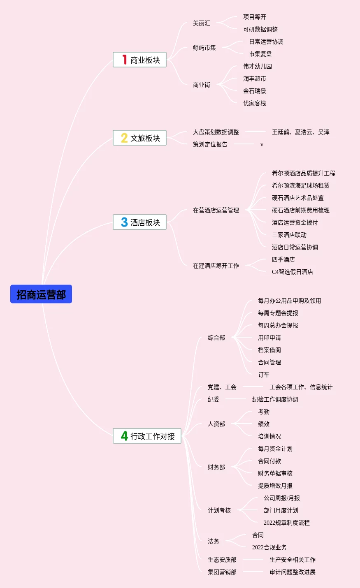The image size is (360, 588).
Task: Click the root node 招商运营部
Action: pos(41,294)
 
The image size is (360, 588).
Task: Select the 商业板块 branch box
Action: pos(139,60)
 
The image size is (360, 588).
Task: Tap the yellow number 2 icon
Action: pos(124,138)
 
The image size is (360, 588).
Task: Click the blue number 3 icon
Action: pos(124,222)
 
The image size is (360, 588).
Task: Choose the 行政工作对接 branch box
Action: pos(147,436)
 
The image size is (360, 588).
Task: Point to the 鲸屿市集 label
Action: pos(204,48)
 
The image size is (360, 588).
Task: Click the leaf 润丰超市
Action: pos(254,79)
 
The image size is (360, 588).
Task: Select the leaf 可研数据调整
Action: pos(260,29)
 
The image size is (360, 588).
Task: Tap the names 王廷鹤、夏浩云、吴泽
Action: pos(300,132)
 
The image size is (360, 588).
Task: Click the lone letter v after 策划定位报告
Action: pos(262,145)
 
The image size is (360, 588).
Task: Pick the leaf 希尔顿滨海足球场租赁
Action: pos(300,185)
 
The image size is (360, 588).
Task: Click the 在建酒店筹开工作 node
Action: pos(216,266)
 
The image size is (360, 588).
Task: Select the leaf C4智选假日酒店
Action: pos(292,272)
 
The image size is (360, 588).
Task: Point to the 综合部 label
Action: pos(216,338)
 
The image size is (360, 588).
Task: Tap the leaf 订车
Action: pos(263,375)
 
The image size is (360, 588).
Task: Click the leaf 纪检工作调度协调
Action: pos(275,399)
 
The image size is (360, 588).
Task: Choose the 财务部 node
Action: pos(216,467)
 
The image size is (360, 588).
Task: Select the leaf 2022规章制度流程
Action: pos(286,523)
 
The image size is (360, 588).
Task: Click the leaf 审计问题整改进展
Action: pos(292,572)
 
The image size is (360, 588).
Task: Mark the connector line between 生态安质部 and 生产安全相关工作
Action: pos(253,559)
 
